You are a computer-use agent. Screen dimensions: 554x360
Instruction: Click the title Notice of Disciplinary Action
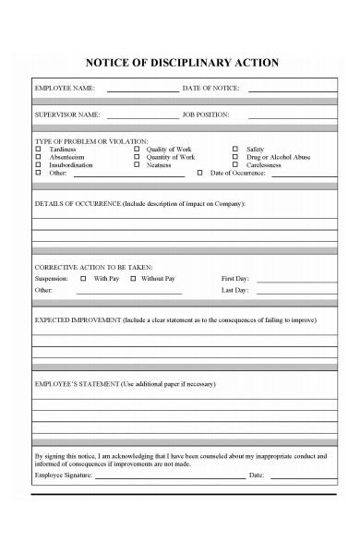click(181, 63)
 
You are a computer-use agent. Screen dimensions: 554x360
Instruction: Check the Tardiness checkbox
click(39, 149)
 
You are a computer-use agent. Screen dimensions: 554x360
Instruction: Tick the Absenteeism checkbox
click(39, 157)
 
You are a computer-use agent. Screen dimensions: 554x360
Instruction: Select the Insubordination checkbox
click(39, 165)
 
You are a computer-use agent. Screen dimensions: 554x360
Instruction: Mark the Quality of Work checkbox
click(137, 149)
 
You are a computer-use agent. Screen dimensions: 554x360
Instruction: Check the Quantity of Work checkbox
click(137, 157)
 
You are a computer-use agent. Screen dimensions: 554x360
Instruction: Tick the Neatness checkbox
click(137, 165)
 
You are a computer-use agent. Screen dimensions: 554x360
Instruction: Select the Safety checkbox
click(235, 149)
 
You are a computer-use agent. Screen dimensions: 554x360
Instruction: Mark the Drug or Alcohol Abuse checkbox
click(235, 157)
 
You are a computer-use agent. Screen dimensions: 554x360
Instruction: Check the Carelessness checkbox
click(235, 165)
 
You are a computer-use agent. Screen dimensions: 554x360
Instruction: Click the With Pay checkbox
click(84, 278)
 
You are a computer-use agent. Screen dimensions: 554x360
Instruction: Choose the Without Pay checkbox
click(133, 278)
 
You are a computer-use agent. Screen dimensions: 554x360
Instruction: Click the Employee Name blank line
click(142, 90)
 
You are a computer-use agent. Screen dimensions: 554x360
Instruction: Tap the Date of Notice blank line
click(291, 90)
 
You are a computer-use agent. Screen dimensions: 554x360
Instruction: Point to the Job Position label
click(206, 114)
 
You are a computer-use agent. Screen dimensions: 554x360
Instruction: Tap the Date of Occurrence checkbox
click(200, 174)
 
